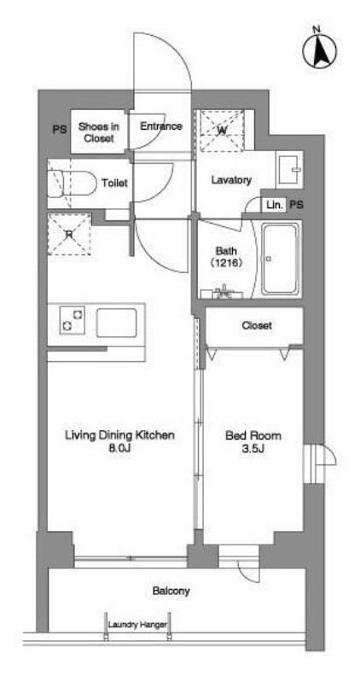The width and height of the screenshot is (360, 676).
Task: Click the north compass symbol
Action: pos(319,50)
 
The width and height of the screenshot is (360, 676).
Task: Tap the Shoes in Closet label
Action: pos(98,132)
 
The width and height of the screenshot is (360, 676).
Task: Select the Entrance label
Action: pos(161,126)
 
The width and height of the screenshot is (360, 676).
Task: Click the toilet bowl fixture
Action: pos(72,184)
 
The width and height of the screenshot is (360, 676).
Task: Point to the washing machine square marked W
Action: pos(222,131)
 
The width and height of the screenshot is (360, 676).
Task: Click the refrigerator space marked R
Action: pos(69,234)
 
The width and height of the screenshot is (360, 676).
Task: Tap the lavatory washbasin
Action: pos(289,170)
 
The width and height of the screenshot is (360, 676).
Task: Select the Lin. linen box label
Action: pos(274,205)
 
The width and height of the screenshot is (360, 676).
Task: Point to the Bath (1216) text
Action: pos(227,256)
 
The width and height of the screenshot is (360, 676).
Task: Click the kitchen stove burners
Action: pos(72,320)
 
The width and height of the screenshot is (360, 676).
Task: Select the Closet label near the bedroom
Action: pos(257,325)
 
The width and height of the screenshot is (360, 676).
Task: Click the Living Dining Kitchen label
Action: pos(119,435)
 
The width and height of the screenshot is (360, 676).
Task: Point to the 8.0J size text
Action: pos(120,449)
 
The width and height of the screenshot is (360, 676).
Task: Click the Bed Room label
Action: pos(253,435)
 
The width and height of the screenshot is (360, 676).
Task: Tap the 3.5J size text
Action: pos(253,449)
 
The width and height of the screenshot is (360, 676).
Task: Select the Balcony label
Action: pos(171,591)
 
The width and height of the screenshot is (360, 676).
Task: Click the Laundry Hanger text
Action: pos(137,625)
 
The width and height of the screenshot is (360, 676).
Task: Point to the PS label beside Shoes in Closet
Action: pos(60,130)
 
